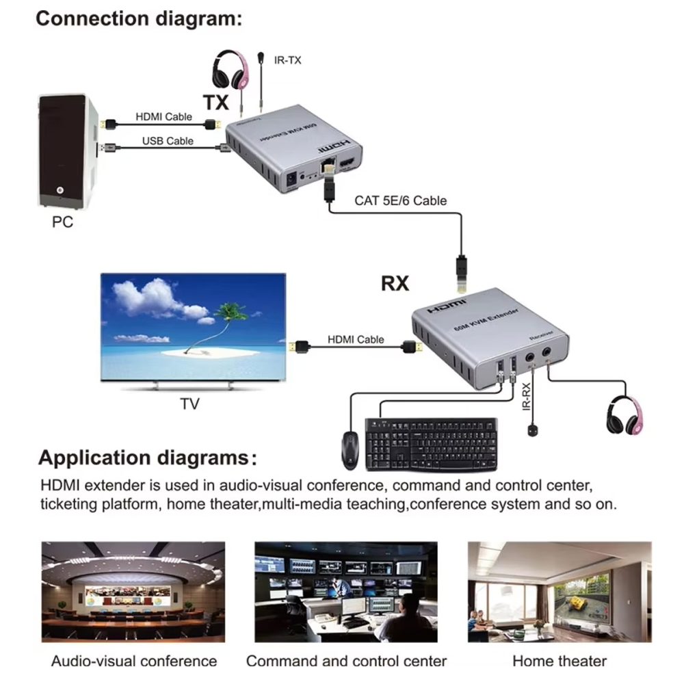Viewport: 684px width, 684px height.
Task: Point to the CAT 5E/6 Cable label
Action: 400,200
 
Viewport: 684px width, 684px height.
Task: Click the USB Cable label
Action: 168,141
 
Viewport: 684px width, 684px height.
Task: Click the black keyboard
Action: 432,444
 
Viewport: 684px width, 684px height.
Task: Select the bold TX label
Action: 216,103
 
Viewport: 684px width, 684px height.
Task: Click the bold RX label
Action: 395,283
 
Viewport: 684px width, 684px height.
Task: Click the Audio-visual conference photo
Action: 133,592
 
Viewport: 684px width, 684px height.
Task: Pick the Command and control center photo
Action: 345,592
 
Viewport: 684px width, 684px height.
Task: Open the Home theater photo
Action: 559,592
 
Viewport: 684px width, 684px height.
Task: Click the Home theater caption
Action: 559,661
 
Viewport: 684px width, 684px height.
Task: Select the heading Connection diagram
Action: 139,18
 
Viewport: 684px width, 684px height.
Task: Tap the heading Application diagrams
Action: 148,457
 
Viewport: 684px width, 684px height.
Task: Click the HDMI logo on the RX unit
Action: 447,306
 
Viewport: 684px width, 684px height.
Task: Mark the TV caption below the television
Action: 189,404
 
